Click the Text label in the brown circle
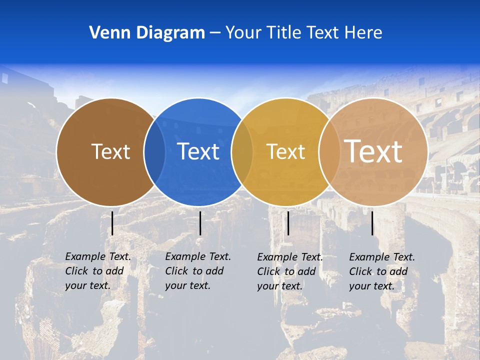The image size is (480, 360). click(x=110, y=151)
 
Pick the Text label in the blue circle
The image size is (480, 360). click(x=198, y=151)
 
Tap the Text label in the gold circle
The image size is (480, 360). click(x=285, y=151)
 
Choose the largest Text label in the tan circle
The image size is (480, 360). click(x=373, y=151)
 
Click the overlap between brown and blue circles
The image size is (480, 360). click(x=154, y=151)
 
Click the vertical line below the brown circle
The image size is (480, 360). click(x=112, y=223)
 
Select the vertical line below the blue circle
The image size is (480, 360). click(x=200, y=223)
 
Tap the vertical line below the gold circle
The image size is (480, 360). click(x=288, y=223)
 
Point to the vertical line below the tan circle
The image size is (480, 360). click(x=372, y=223)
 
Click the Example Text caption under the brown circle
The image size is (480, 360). click(x=97, y=271)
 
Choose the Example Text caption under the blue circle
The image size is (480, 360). click(x=197, y=271)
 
